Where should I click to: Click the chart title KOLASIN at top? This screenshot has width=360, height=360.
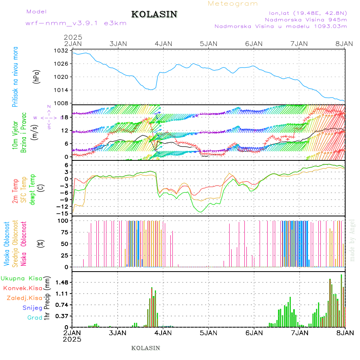tap(154, 14)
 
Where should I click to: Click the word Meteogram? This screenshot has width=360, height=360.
tap(233, 4)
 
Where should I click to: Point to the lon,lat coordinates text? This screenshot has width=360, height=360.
tap(306, 12)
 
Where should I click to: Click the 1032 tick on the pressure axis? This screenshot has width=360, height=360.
tap(61, 51)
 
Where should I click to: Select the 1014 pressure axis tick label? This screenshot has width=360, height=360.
tap(61, 90)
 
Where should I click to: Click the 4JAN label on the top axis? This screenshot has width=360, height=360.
tap(163, 43)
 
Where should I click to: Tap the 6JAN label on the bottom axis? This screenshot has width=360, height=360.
tap(254, 333)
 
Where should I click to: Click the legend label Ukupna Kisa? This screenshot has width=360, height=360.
tap(22, 278)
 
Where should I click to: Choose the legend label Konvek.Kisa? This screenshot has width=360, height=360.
tap(23, 288)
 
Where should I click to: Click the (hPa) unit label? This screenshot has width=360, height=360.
tap(37, 76)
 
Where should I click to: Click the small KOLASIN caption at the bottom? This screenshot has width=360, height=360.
tap(146, 348)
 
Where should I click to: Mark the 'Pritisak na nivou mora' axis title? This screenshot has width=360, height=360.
tap(16, 76)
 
